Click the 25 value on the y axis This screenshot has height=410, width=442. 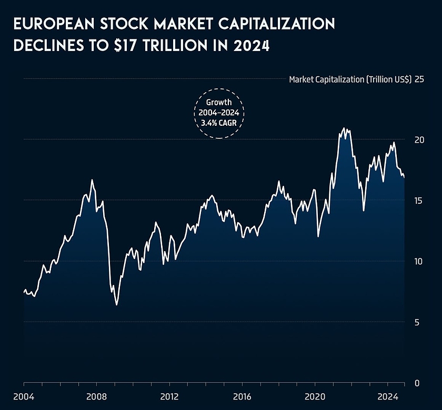(x=419, y=79)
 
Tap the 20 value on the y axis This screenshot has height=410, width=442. (x=419, y=140)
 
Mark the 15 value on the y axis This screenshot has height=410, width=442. (x=419, y=201)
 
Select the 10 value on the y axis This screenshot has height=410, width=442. (x=419, y=262)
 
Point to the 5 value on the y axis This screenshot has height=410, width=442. (x=417, y=322)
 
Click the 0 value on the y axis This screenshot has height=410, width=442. (x=417, y=383)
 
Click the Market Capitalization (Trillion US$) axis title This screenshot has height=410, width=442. (x=350, y=79)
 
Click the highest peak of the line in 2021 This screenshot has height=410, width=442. (x=344, y=128)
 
